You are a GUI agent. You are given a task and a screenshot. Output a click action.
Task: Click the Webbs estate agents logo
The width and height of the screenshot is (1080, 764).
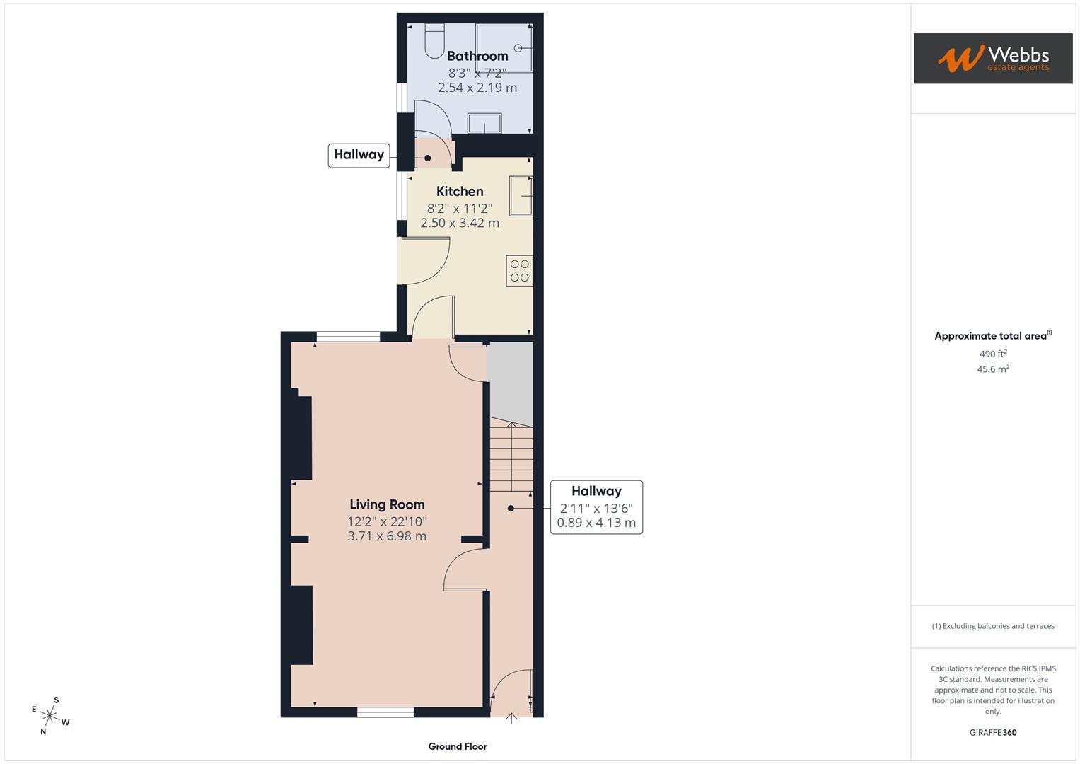coord(992,58)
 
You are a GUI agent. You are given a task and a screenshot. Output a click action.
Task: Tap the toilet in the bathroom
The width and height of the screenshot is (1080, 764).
coord(434,41)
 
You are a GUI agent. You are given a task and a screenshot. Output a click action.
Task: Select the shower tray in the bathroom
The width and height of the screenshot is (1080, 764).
coord(504,48)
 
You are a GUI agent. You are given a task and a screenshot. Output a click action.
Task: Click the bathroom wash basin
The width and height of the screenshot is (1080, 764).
coord(484,124)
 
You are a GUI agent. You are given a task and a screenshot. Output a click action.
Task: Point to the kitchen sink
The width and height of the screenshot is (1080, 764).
coord(521,196)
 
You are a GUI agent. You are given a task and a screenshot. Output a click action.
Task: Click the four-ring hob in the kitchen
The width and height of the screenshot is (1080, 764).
coord(519,271)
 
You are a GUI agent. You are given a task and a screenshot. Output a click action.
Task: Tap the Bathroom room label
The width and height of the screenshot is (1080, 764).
coord(477,56)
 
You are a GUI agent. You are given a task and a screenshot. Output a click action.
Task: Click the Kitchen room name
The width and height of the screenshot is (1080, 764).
coord(460,191)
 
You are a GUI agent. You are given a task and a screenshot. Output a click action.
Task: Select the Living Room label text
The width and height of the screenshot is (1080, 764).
coord(387,504)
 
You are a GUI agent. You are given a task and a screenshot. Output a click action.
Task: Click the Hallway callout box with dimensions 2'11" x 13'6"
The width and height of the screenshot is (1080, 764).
coord(596,507)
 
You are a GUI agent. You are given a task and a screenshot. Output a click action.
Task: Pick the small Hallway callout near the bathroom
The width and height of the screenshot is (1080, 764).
coord(359,155)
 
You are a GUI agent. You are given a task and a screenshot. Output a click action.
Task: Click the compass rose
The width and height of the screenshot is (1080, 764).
coord(51,716)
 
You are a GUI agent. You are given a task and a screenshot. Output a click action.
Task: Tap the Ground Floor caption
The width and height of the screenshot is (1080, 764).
coord(458,746)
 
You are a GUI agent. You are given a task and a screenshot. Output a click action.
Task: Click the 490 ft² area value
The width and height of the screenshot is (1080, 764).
coord(992,354)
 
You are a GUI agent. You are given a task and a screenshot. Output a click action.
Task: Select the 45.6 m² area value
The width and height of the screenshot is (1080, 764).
coord(992,369)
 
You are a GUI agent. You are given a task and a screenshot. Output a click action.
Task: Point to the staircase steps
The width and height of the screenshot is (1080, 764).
coord(511,457)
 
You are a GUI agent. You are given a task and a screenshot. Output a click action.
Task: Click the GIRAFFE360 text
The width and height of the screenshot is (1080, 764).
coord(992,733)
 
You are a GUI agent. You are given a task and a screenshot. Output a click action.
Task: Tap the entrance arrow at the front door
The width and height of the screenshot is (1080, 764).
coord(511,719)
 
